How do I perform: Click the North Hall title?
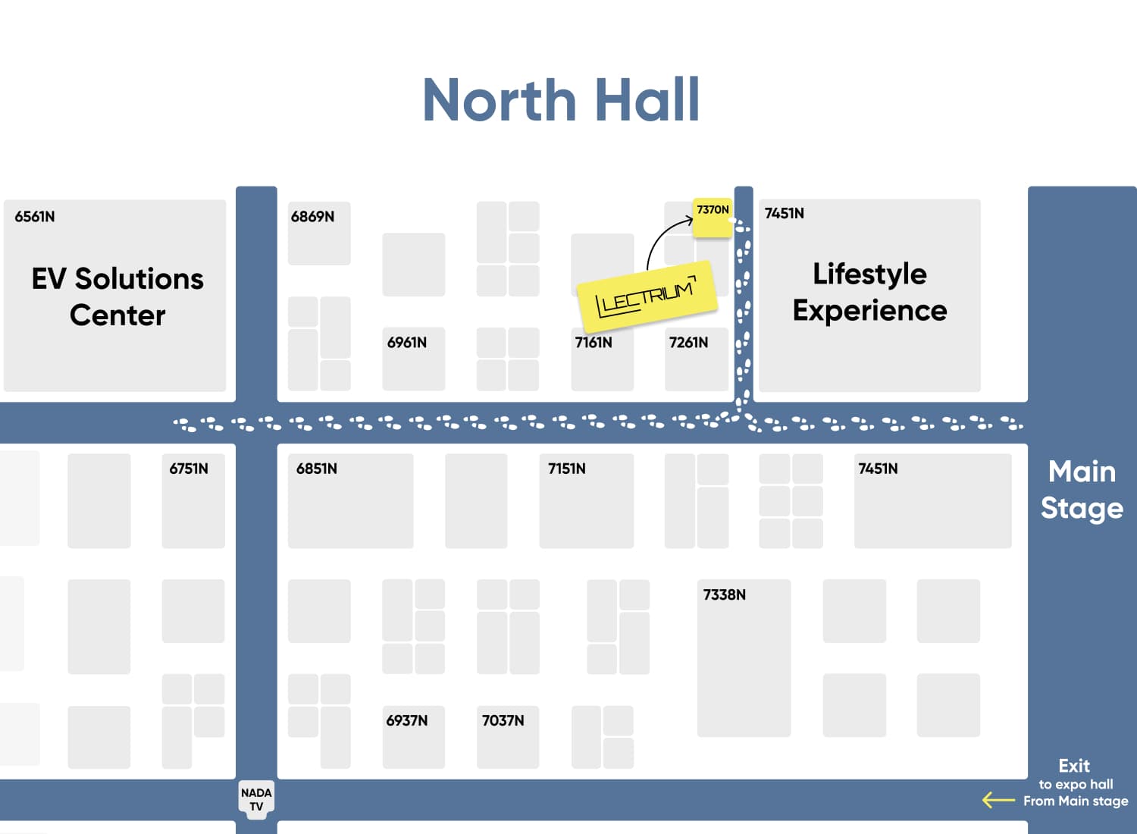[x=561, y=100]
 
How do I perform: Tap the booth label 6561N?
[x=35, y=217]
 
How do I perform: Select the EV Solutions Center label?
[x=117, y=296]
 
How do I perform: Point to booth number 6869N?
[x=312, y=217]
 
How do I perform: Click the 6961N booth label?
[x=407, y=343]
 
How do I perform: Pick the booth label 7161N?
[x=594, y=343]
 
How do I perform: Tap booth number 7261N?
[x=688, y=343]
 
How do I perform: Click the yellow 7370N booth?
[x=713, y=217]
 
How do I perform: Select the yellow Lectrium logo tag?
[x=647, y=296]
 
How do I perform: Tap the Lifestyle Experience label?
[x=869, y=292]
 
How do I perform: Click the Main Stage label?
[x=1082, y=490]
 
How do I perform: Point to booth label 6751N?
[x=189, y=469]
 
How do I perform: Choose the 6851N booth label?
[x=317, y=469]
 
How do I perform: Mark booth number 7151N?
[x=567, y=469]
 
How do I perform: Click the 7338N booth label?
[x=725, y=594]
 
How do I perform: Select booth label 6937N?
[x=407, y=720]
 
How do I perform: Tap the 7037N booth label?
[x=503, y=720]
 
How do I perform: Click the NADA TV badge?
[x=256, y=799]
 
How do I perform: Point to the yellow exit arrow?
[x=998, y=800]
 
